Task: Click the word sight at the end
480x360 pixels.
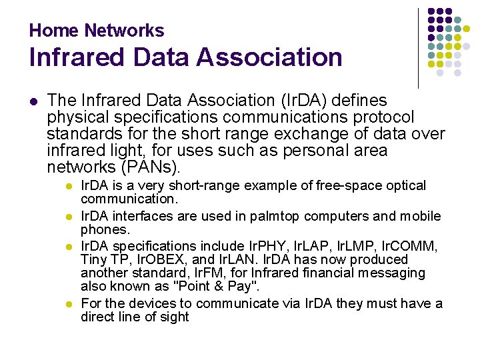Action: (174, 317)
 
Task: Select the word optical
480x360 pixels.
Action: (403, 186)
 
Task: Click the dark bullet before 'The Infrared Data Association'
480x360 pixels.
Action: (33, 101)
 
